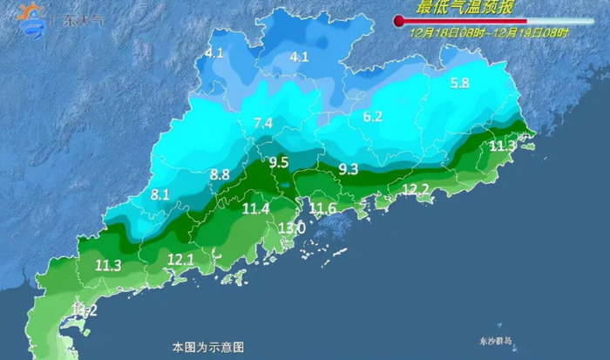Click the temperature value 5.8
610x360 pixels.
click(x=460, y=84)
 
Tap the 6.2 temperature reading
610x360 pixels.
click(x=373, y=117)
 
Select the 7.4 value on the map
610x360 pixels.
click(x=263, y=123)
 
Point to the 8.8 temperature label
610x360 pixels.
click(x=220, y=174)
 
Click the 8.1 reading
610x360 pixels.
click(x=159, y=195)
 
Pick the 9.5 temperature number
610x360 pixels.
click(x=279, y=162)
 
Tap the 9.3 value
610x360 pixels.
click(x=349, y=169)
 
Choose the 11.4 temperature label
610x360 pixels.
click(x=256, y=208)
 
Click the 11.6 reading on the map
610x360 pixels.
click(x=323, y=207)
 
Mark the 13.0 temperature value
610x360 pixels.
click(x=291, y=228)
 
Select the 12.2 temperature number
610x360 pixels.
click(x=415, y=189)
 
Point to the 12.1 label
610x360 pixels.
click(x=180, y=259)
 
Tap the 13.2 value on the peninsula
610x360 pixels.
click(x=85, y=309)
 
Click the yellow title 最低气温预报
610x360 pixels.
click(x=465, y=8)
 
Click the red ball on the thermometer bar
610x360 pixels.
click(x=400, y=20)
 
